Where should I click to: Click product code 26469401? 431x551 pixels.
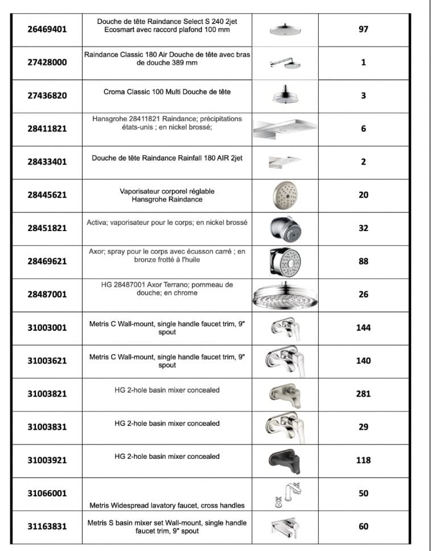[x=47, y=29]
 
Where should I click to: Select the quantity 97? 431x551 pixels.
[x=363, y=29]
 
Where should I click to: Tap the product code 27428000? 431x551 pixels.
[x=47, y=62]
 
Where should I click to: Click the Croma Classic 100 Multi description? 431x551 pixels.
[x=167, y=92]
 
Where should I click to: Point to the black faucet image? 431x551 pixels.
[x=285, y=459]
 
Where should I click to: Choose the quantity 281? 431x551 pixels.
[x=363, y=393]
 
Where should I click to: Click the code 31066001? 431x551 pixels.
[x=47, y=493]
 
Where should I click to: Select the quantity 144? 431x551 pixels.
[x=363, y=327]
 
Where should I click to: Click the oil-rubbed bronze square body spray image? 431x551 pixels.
[x=285, y=261]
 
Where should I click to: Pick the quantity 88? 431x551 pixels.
[x=363, y=261]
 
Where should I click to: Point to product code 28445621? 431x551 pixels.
[x=47, y=195]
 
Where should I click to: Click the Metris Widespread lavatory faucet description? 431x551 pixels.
[x=167, y=505]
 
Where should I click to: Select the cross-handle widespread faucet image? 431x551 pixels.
[x=285, y=494]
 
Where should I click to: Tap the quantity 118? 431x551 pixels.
[x=363, y=460]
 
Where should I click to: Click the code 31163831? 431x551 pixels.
[x=47, y=527]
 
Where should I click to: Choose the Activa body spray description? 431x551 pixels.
[x=167, y=223]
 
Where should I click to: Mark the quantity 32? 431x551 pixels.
[x=363, y=228]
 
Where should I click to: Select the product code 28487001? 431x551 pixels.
[x=47, y=294]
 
